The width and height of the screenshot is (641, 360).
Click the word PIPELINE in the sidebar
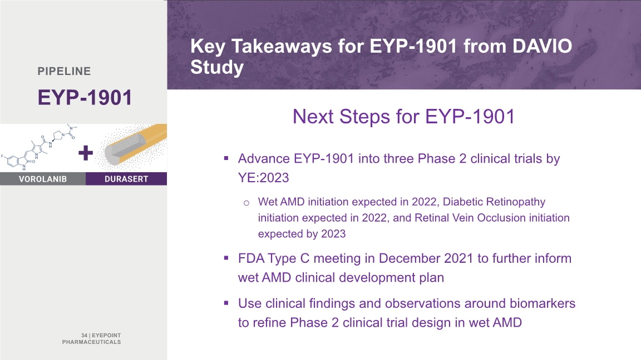tap(64, 71)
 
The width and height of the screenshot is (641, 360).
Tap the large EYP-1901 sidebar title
tap(85, 98)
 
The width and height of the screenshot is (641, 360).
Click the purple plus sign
tap(86, 153)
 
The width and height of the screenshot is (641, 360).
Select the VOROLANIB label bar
tap(42, 179)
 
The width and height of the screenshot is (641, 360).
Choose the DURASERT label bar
tap(126, 179)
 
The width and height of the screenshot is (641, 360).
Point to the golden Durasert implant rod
tap(135, 144)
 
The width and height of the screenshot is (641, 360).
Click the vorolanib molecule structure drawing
tap(40, 148)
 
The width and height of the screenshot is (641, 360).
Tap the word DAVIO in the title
tap(543, 46)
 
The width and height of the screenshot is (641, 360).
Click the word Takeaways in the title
tap(282, 47)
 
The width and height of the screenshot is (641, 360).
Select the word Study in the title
tap(217, 67)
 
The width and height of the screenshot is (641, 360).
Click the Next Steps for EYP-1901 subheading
tap(403, 116)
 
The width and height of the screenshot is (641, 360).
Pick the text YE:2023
tap(264, 178)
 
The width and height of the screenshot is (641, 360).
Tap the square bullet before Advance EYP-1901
tap(226, 158)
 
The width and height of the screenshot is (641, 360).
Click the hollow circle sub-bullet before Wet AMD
tap(246, 203)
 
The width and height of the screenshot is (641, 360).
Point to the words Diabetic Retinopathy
tap(494, 202)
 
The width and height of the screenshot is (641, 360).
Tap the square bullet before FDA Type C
tap(226, 258)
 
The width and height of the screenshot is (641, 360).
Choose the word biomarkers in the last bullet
tap(543, 303)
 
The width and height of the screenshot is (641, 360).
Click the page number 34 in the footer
tap(84, 336)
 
